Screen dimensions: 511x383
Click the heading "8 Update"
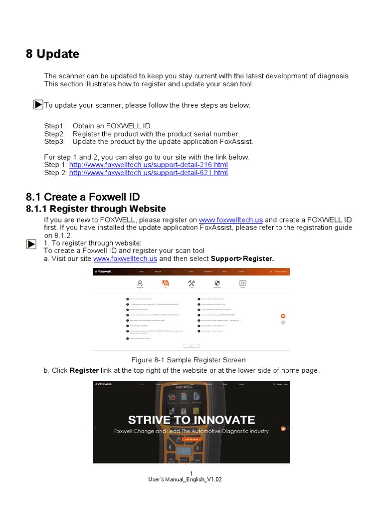coord(52,54)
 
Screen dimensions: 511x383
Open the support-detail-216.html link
coord(148,165)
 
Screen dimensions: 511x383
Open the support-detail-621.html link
coord(148,173)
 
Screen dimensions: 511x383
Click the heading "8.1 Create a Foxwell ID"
coord(83,197)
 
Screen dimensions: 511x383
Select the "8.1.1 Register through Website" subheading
coord(96,209)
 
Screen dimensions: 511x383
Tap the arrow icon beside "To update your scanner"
coord(38,105)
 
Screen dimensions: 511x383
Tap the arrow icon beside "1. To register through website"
coord(31,244)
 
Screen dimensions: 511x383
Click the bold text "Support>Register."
coord(242,258)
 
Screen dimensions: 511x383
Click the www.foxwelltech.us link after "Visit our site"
coord(125,258)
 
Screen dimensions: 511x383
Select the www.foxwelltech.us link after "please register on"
coord(231,220)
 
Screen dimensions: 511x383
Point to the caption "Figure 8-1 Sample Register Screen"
coord(189,360)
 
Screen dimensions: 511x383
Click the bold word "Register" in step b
coord(84,370)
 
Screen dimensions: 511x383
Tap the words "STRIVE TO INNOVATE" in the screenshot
coord(191,420)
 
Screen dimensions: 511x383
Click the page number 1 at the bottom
coord(191,473)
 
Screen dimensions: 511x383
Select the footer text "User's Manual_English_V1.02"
coord(185,480)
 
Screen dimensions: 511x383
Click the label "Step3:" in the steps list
coord(54,141)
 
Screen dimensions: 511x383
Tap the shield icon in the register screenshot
coord(217,283)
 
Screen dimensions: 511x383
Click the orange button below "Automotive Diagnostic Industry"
coord(191,440)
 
